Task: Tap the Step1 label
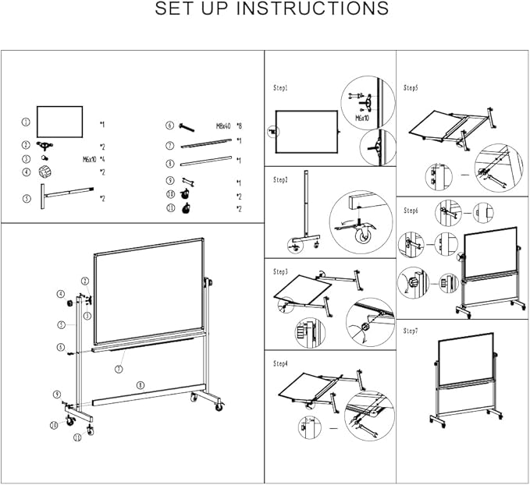(x=281, y=88)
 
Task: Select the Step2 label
(x=281, y=179)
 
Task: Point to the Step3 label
(x=281, y=271)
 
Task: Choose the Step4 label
(x=281, y=363)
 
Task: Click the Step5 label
(x=411, y=88)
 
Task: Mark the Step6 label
(x=411, y=211)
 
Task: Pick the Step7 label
(x=411, y=331)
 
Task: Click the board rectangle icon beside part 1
(x=59, y=122)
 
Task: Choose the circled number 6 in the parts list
(x=169, y=125)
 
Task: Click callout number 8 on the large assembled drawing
(x=140, y=384)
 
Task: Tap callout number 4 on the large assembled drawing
(x=59, y=294)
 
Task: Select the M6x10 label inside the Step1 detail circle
(x=362, y=119)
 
